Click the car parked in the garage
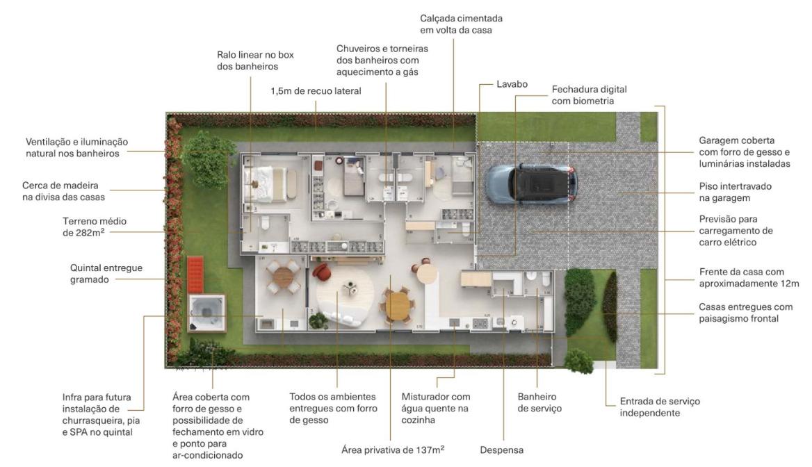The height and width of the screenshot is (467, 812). tap(531, 183)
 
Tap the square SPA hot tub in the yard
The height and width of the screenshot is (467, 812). tap(206, 313)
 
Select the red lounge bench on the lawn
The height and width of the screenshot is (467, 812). tap(195, 273)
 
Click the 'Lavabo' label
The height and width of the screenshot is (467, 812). tap(512, 84)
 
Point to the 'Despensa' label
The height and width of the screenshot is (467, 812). tap(501, 450)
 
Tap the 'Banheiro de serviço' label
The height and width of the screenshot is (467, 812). tap(539, 402)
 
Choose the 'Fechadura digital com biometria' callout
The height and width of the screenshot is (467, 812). tap(589, 95)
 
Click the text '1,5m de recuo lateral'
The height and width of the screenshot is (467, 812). tap(316, 91)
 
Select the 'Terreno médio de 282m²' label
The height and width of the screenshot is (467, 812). tap(95, 227)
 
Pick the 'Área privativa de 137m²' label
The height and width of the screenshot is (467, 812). tap(393, 450)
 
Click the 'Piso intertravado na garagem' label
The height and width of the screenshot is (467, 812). tap(735, 192)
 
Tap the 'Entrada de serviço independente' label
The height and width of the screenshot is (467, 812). tap(660, 407)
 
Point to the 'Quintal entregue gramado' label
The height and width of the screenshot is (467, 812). tap(106, 273)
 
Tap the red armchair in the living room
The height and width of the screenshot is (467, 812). tap(322, 272)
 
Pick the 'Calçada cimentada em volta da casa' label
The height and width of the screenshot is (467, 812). tap(461, 24)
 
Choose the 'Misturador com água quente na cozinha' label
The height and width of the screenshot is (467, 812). tap(435, 408)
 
